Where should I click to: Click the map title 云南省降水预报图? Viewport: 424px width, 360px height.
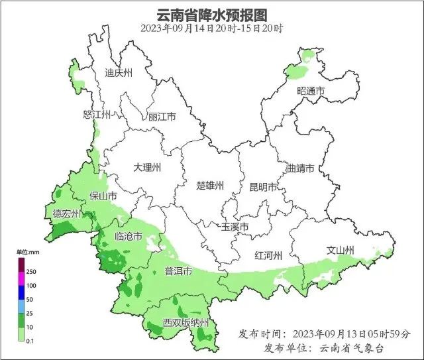coord(211,14)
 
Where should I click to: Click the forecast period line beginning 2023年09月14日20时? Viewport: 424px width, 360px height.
coord(211,29)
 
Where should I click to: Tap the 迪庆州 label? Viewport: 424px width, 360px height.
coord(119,73)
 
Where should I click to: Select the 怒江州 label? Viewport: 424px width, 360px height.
coord(96,114)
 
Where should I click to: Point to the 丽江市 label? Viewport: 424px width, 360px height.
coord(162,117)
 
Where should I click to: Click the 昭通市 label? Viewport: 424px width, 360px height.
coord(311,91)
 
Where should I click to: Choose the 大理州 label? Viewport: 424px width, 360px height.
coord(146,167)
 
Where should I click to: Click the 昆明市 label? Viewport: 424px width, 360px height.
coord(263,187)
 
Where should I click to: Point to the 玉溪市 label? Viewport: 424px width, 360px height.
coord(235,227)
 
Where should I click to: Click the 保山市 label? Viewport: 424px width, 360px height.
coord(103,196)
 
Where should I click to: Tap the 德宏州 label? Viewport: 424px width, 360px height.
coord(66,213)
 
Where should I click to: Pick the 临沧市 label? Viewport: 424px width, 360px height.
coord(128,237)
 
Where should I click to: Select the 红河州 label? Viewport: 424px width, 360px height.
coord(269,256)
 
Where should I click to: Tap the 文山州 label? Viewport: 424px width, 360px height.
coord(341,250)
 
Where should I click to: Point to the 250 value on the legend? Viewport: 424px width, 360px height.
coord(31,272)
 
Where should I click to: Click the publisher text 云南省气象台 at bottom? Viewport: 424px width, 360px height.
coord(352,348)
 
